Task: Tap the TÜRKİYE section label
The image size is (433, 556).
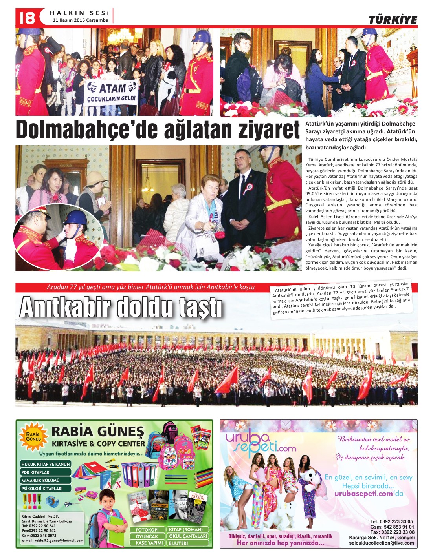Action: click(x=393, y=20)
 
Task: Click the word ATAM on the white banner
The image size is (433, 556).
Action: click(x=112, y=88)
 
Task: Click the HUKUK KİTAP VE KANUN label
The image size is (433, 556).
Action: click(x=46, y=464)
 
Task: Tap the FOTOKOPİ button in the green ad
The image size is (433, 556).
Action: click(x=147, y=530)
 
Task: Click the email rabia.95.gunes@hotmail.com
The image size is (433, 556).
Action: click(x=53, y=540)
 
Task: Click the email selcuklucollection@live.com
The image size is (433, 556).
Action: click(x=381, y=543)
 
